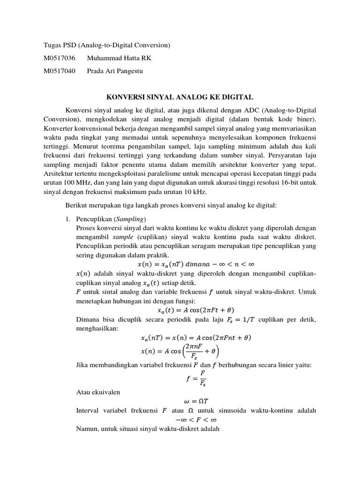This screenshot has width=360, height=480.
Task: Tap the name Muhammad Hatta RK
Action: coord(120,59)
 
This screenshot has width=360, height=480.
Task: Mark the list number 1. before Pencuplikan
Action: coord(67,219)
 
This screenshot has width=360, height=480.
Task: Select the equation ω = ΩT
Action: coord(196,402)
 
